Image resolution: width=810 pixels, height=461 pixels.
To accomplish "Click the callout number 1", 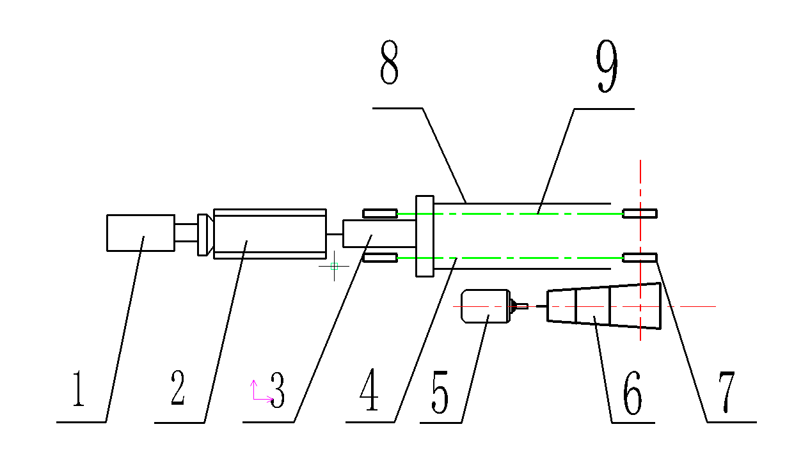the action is click(79, 389).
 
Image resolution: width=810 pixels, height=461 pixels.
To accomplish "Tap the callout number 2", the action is click(178, 387).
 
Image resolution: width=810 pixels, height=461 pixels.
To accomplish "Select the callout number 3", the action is click(278, 390).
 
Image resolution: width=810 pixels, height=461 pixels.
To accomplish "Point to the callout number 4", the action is click(369, 389).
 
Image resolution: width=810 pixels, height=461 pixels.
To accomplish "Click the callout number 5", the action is click(440, 392).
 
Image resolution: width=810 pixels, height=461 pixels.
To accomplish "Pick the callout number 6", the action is click(632, 393).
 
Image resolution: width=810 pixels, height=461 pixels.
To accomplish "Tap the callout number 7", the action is click(726, 392).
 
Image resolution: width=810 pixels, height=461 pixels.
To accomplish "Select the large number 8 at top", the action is click(390, 62).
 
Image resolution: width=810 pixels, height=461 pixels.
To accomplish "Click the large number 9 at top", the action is click(607, 65).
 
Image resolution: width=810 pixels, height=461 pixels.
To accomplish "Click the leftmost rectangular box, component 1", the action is click(141, 233).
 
